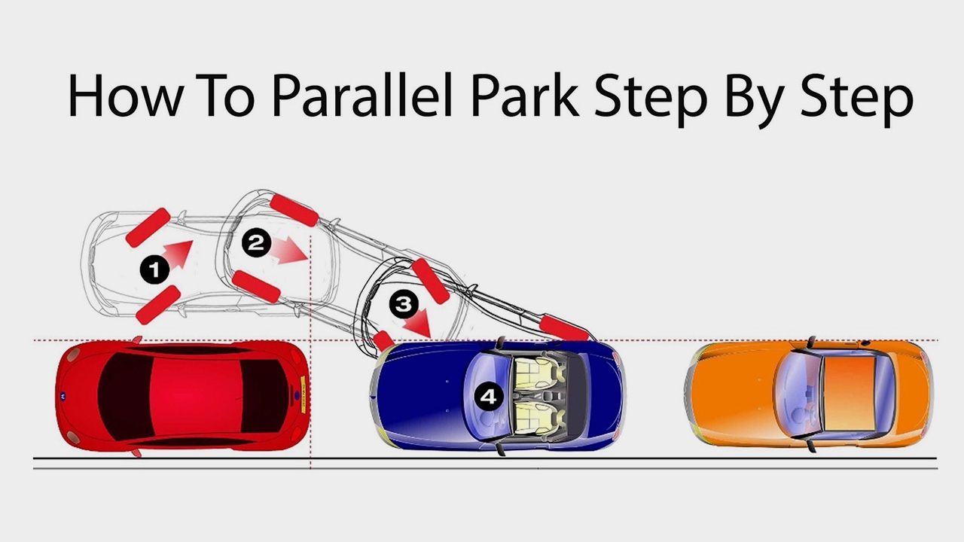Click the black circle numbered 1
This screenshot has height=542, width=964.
[x=154, y=269]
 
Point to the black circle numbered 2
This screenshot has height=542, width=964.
[x=256, y=243]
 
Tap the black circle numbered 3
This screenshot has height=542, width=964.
[x=404, y=304]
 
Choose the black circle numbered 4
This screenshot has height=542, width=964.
[x=488, y=396]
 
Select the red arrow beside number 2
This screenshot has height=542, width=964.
[x=289, y=250]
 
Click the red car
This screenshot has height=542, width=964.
[x=181, y=396]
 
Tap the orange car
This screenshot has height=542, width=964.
[x=810, y=394]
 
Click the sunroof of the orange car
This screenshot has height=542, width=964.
[x=849, y=394]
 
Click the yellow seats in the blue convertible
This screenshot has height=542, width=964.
[x=538, y=395]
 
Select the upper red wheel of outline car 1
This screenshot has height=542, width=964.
[x=148, y=227]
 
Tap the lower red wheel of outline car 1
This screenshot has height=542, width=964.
[x=158, y=305]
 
